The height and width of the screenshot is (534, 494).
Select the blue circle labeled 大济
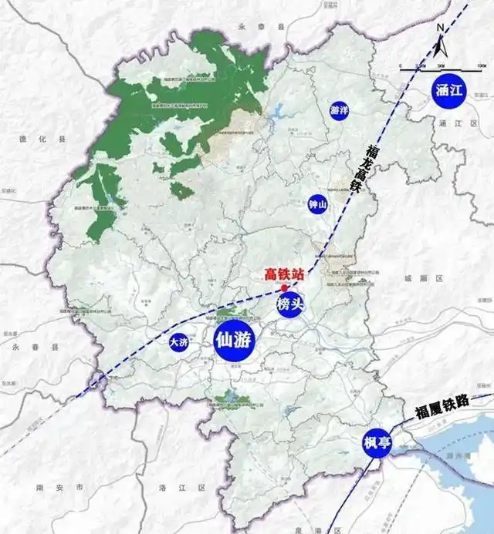pyautogui.click(x=179, y=344)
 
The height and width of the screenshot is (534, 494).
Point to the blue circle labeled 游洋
pyautogui.click(x=339, y=110)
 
